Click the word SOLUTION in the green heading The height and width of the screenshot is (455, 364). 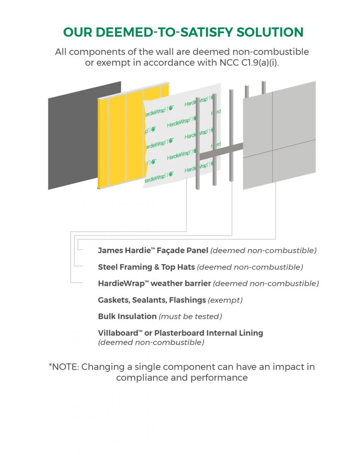click(x=270, y=32)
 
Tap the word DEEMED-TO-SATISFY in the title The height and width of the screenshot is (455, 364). click(x=164, y=32)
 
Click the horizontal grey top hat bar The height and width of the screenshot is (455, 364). click(x=221, y=152)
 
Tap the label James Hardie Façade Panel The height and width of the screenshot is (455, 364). click(x=153, y=250)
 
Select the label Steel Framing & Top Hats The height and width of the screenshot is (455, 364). click(x=146, y=267)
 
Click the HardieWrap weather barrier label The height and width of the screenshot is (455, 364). click(x=154, y=283)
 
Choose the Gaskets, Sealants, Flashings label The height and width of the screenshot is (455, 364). click(x=152, y=300)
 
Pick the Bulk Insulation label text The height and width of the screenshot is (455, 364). click(x=127, y=316)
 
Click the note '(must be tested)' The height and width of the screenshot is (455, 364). click(x=190, y=317)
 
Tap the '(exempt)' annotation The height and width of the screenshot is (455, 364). click(x=225, y=300)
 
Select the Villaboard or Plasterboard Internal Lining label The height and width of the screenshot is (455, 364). click(x=180, y=333)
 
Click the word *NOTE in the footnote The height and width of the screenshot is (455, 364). click(x=64, y=367)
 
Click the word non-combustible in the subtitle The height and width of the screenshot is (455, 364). click(x=270, y=52)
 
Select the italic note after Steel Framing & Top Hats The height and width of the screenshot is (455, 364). click(x=250, y=267)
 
